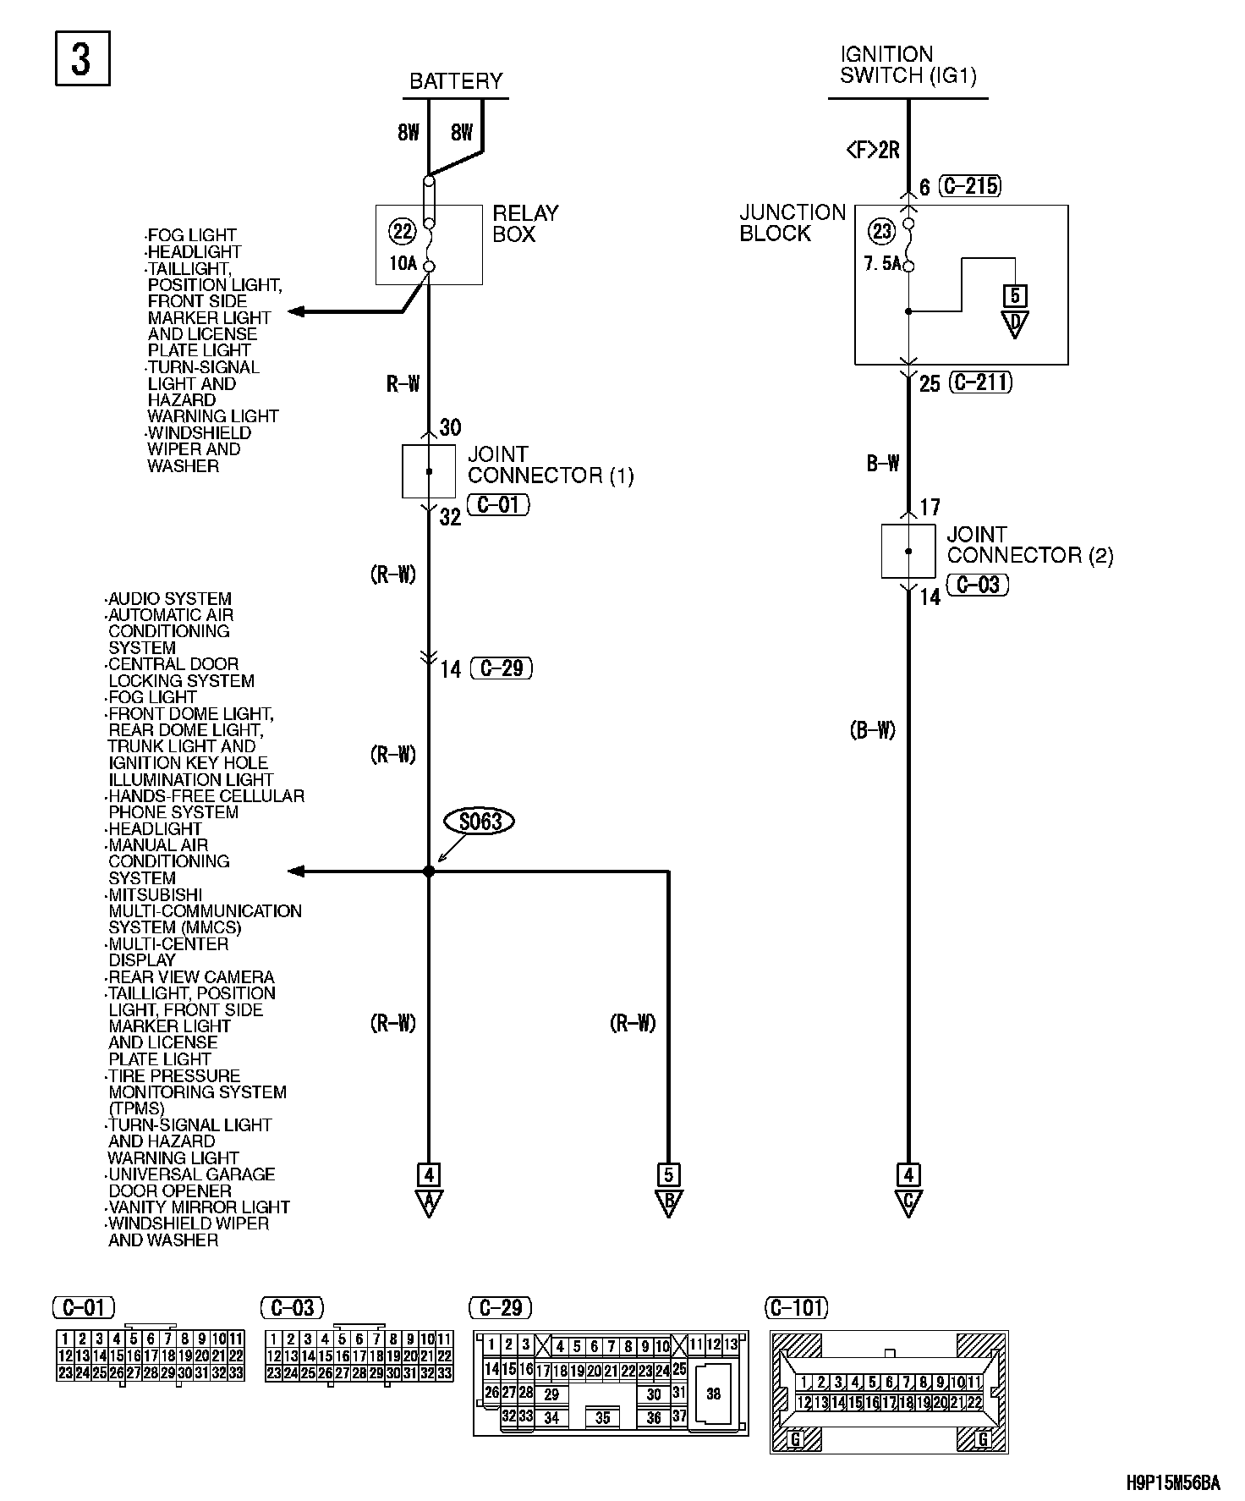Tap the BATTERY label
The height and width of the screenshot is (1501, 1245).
tap(456, 81)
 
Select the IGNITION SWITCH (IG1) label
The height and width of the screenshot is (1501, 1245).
tap(908, 65)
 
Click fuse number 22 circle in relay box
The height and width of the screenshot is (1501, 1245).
tap(401, 230)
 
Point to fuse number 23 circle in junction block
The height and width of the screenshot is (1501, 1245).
tap(881, 231)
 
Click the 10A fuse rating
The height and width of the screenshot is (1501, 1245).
tap(403, 263)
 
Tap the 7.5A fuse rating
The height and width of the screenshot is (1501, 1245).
tap(882, 263)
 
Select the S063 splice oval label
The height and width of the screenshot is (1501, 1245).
tap(480, 822)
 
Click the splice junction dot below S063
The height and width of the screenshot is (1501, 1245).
tap(429, 871)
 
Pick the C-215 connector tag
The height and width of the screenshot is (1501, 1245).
tap(971, 185)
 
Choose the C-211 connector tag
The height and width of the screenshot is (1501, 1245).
tap(981, 382)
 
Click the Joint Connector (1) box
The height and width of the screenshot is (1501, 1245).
tap(428, 470)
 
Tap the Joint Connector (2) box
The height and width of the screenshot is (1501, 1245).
tap(908, 551)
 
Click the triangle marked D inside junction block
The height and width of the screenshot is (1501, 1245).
tap(1014, 322)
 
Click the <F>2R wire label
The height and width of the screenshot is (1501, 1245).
tap(873, 151)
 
